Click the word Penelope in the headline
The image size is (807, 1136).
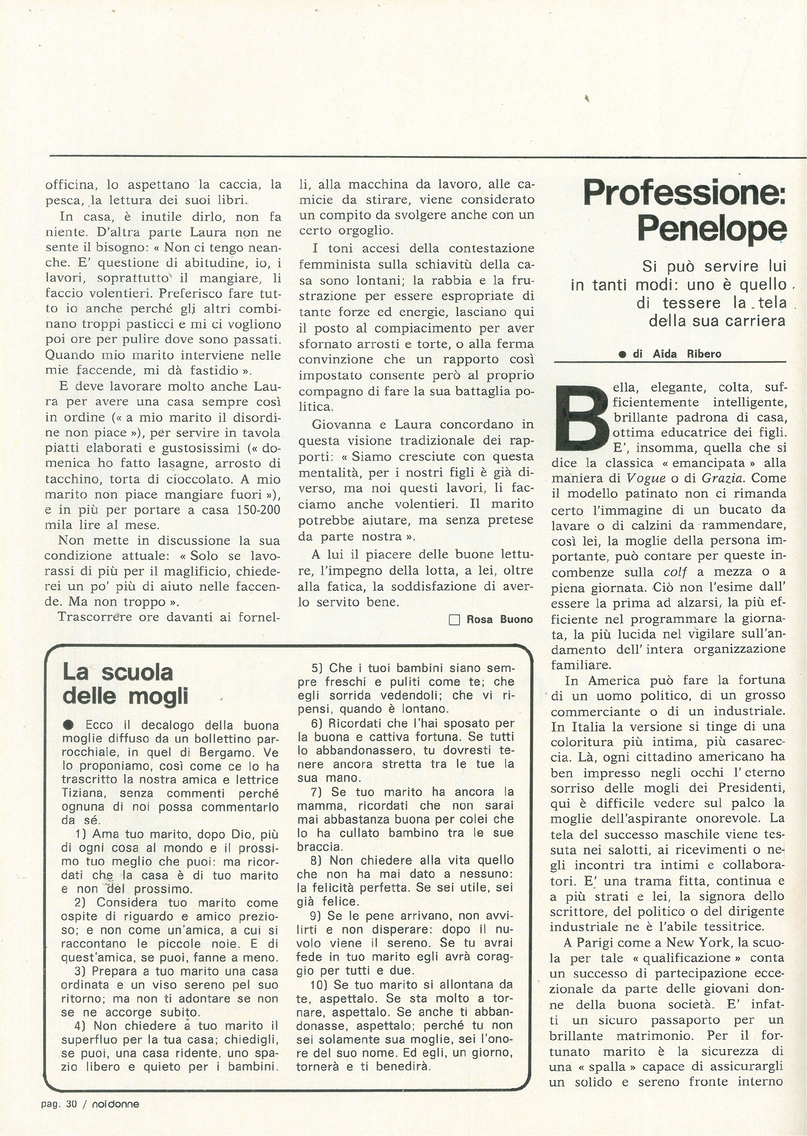coord(712,229)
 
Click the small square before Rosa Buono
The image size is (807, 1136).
coord(454,620)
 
